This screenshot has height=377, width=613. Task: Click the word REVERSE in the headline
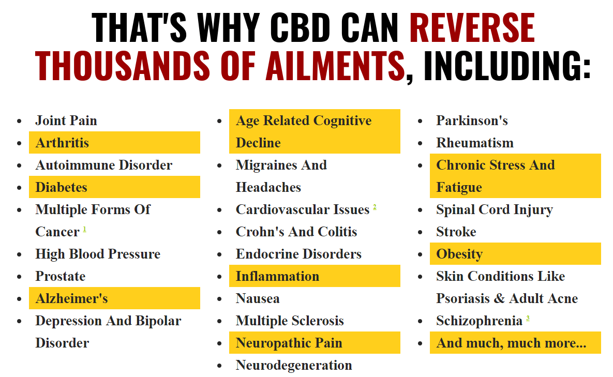(x=472, y=27)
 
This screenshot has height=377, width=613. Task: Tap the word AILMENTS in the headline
(x=335, y=65)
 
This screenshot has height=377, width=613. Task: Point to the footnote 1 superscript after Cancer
(x=84, y=229)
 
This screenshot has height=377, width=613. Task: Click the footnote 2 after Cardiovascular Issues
(x=375, y=207)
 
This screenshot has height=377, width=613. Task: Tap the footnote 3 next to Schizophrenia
(x=528, y=319)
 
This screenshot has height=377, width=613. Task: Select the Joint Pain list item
(x=66, y=120)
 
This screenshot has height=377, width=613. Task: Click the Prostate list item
(x=60, y=276)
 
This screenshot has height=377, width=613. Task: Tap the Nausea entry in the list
(x=258, y=298)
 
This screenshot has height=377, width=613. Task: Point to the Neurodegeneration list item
(x=294, y=365)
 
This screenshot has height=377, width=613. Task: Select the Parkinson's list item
(x=472, y=120)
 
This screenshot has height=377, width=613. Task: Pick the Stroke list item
(x=456, y=232)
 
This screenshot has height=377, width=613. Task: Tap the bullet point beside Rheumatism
(x=420, y=143)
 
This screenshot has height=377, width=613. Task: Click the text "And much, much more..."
(x=512, y=343)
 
